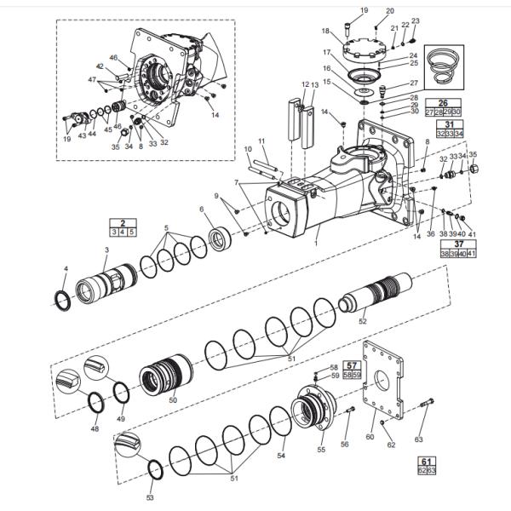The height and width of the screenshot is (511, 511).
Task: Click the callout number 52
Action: coord(363,321)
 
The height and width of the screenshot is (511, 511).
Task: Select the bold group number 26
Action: coord(442,102)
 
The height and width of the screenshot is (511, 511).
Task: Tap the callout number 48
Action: coord(95,428)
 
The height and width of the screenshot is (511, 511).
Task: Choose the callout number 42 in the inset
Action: coord(99,66)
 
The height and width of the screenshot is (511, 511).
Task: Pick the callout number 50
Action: coord(173,399)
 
